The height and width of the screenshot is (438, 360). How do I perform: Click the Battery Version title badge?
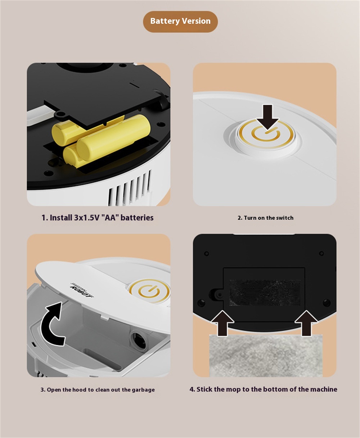[x=180, y=22]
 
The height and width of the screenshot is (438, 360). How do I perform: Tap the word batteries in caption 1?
[x=137, y=218]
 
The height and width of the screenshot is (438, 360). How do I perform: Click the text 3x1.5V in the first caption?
[x=86, y=218]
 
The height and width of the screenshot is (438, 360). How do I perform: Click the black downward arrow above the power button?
[x=267, y=118]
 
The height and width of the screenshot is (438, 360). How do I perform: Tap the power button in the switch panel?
[x=266, y=134]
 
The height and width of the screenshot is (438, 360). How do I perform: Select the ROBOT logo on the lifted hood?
[x=81, y=290]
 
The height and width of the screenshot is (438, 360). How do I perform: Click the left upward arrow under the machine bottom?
[x=222, y=323]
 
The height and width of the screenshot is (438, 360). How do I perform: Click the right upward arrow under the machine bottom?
[x=306, y=323]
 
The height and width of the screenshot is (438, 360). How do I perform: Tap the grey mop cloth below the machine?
[x=266, y=356]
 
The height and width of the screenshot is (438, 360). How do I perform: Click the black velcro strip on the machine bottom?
[x=265, y=293]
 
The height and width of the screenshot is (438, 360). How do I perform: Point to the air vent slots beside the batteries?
[x=130, y=188]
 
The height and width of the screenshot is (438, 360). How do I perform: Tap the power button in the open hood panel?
[x=149, y=291]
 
